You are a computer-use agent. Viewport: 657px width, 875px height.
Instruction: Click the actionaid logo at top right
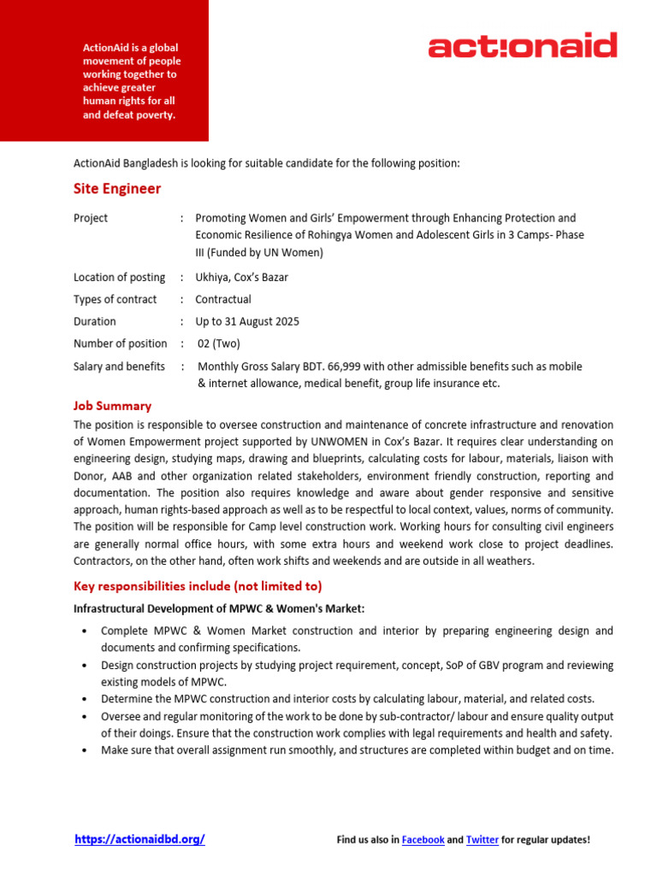pyautogui.click(x=522, y=45)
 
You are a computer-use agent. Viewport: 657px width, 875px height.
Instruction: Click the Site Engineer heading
pyautogui.click(x=117, y=189)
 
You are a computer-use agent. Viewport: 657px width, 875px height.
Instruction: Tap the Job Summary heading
pyautogui.click(x=112, y=406)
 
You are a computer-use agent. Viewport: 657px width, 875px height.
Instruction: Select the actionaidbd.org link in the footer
pyautogui.click(x=139, y=839)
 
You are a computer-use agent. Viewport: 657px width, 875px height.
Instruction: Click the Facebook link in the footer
pyautogui.click(x=423, y=840)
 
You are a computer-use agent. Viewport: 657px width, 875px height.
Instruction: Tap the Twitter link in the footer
pyautogui.click(x=482, y=840)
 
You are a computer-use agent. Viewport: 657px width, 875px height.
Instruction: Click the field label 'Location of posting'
pyautogui.click(x=119, y=277)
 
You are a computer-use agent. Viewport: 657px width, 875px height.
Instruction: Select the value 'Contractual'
pyautogui.click(x=223, y=299)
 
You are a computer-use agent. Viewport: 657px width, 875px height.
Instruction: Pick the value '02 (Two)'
pyautogui.click(x=219, y=344)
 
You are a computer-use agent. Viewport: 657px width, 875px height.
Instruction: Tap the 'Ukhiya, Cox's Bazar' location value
pyautogui.click(x=241, y=277)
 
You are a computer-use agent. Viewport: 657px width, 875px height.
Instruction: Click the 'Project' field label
pyautogui.click(x=91, y=218)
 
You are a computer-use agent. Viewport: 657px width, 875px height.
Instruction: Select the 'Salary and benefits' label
pyautogui.click(x=119, y=366)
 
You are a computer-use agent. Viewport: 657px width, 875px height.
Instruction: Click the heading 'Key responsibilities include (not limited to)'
pyautogui.click(x=198, y=585)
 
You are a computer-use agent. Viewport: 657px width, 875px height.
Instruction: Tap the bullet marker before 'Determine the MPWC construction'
pyautogui.click(x=83, y=699)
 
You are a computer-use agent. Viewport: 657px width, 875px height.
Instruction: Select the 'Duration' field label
pyautogui.click(x=95, y=321)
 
